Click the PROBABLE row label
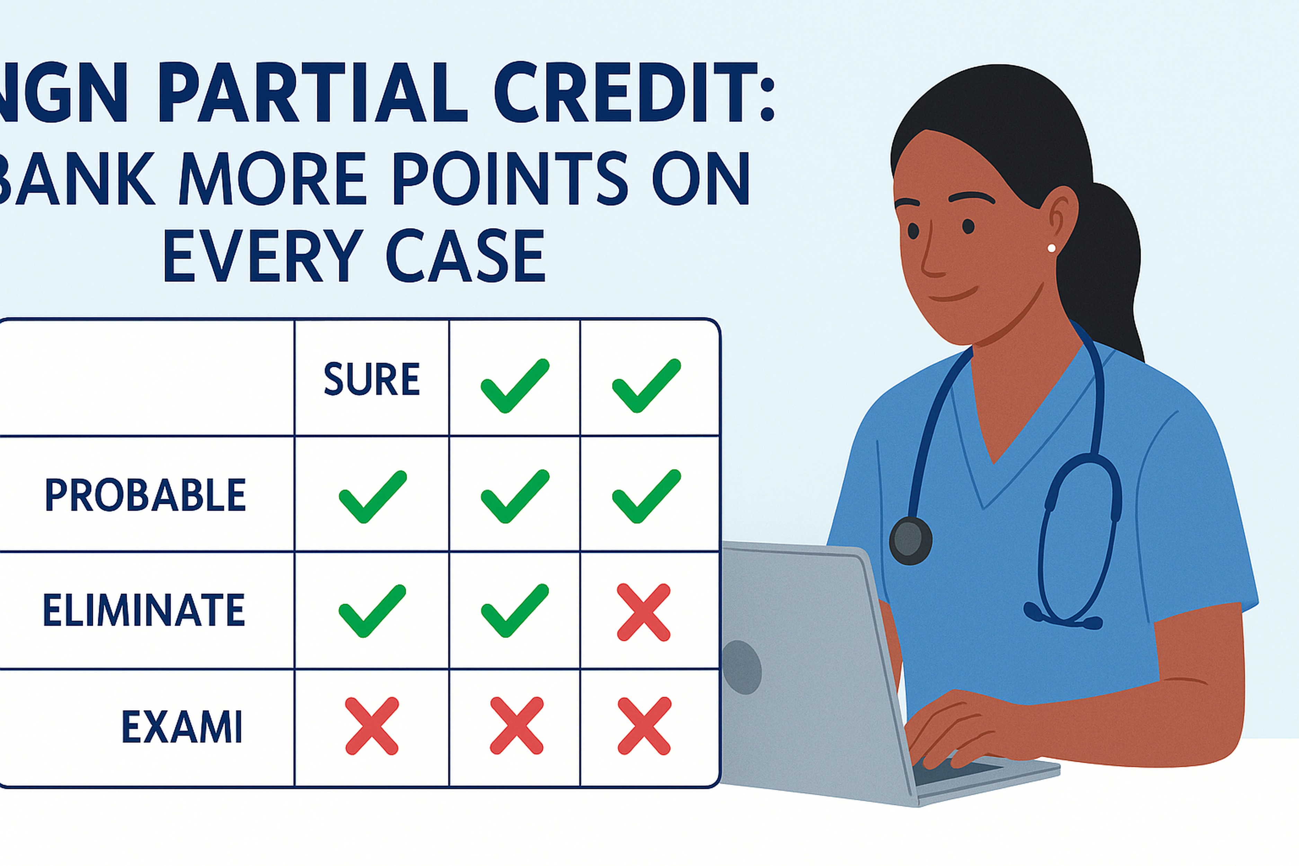[145, 495]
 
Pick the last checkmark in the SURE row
[646, 386]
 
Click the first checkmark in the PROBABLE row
[372, 496]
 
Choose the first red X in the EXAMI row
[372, 726]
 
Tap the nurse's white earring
[1051, 248]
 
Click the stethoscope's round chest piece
[910, 540]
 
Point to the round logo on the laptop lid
[741, 667]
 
